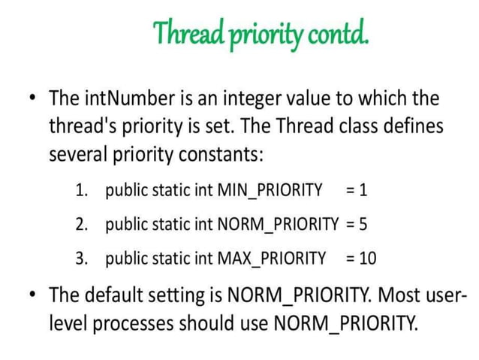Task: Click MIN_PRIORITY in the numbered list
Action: click(269, 189)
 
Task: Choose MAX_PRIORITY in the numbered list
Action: click(271, 259)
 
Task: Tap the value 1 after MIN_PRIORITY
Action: click(363, 189)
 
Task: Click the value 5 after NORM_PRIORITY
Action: click(363, 223)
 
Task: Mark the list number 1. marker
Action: click(83, 189)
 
